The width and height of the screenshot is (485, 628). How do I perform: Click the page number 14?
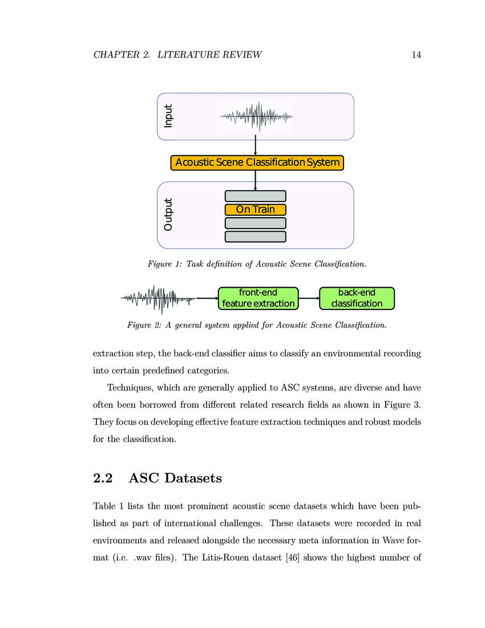pyautogui.click(x=415, y=55)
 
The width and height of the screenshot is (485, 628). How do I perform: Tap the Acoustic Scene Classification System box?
pyautogui.click(x=257, y=163)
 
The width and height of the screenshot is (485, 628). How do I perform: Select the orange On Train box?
pyautogui.click(x=255, y=210)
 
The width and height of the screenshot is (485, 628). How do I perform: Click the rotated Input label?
pyautogui.click(x=168, y=116)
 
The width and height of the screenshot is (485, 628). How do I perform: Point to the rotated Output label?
pyautogui.click(x=168, y=215)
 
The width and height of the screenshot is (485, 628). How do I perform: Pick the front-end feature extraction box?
pyautogui.click(x=258, y=298)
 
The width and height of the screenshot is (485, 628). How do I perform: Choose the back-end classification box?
pyautogui.click(x=357, y=298)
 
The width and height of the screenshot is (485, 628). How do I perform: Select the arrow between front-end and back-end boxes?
pyautogui.click(x=309, y=298)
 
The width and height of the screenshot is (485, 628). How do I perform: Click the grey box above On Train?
pyautogui.click(x=255, y=196)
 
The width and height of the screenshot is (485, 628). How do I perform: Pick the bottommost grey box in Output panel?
pyautogui.click(x=255, y=236)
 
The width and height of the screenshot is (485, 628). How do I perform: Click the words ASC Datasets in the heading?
pyautogui.click(x=175, y=478)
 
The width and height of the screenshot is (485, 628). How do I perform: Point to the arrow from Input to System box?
pyautogui.click(x=255, y=147)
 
